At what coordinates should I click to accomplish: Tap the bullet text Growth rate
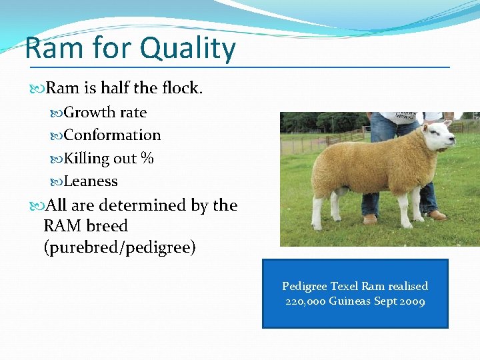105,113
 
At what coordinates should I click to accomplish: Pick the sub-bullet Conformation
112,135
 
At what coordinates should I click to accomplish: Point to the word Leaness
91,181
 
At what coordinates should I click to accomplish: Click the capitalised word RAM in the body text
63,226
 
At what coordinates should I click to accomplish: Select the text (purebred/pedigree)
119,248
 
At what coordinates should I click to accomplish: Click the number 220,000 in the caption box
305,301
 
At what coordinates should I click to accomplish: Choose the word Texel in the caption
344,286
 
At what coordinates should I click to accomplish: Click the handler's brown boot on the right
436,215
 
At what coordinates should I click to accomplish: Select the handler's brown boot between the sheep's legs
370,219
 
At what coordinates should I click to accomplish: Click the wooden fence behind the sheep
340,137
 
